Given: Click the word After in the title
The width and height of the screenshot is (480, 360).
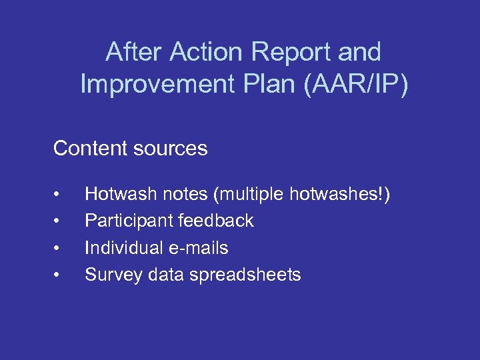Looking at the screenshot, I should coord(136,52).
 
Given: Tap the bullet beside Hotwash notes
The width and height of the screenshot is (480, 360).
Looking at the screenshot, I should coord(59,195).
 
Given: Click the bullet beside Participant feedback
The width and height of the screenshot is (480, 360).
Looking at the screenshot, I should coord(59,221).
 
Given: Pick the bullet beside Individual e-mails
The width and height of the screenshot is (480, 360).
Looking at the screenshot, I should coord(59,249).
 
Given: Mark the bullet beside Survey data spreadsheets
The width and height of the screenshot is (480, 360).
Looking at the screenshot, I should coord(59,275).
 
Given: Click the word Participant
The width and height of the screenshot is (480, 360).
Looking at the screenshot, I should coord(125,221).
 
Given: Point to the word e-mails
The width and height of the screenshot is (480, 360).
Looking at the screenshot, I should coord(200,248).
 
